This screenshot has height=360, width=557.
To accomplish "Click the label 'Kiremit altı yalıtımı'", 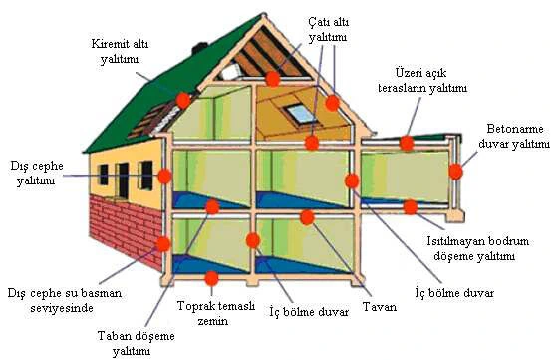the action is [x=120, y=51].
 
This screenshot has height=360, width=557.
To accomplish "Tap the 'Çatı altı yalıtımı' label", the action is [x=328, y=29].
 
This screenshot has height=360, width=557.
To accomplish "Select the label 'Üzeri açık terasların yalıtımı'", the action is [x=422, y=81].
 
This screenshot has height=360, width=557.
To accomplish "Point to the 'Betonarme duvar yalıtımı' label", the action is [x=514, y=136].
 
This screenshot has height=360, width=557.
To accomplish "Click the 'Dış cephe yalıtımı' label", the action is [x=37, y=173].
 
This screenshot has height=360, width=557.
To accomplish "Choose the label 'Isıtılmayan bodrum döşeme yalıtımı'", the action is [x=477, y=248].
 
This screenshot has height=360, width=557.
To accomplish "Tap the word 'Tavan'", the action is [x=380, y=307].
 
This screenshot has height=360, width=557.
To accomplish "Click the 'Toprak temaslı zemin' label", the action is [x=216, y=313].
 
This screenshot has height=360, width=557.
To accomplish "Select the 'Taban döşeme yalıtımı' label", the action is [x=137, y=343].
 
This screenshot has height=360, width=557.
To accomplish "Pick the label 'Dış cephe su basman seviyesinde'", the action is [x=65, y=300].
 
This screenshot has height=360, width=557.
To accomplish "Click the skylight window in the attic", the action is [x=301, y=113].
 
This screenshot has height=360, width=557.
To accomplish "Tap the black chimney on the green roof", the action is [x=199, y=48].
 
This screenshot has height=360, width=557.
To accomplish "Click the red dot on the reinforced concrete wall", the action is [x=455, y=172].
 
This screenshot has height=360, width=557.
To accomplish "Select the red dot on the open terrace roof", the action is [x=407, y=143].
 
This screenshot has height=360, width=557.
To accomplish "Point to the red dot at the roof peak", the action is [x=273, y=79].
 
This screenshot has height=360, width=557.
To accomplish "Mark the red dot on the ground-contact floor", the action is [x=211, y=278].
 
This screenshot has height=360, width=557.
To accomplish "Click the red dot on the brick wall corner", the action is [x=163, y=244].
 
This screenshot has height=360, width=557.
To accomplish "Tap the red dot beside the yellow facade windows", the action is [x=164, y=176].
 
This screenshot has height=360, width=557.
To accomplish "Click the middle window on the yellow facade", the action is [x=123, y=180].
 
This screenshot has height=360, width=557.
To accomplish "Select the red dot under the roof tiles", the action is [x=183, y=100].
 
